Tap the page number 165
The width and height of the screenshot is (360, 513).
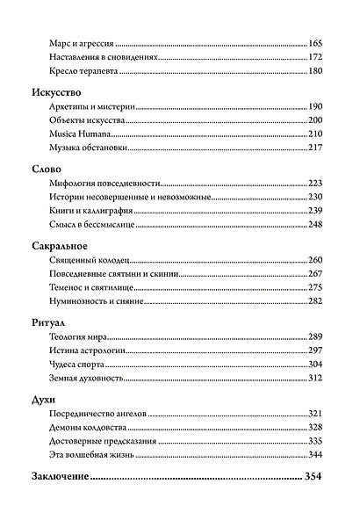coord(316,42)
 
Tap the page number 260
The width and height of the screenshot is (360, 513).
coord(316,260)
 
